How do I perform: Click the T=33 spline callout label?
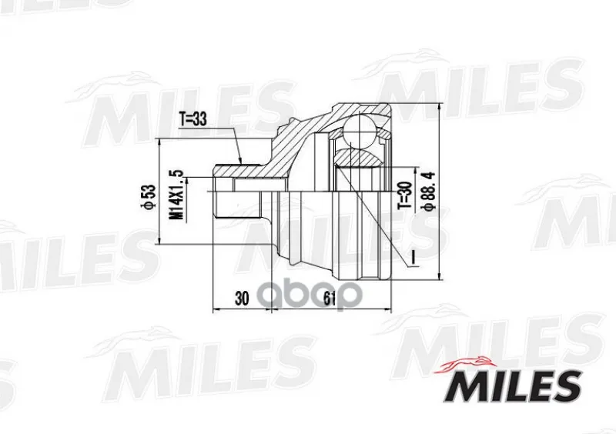(x=193, y=119)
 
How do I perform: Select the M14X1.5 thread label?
(x=177, y=195)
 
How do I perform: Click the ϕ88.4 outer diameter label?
(x=428, y=192)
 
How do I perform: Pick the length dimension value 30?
(x=242, y=299)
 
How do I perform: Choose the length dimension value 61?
(x=330, y=299)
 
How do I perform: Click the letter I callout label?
(x=413, y=258)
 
